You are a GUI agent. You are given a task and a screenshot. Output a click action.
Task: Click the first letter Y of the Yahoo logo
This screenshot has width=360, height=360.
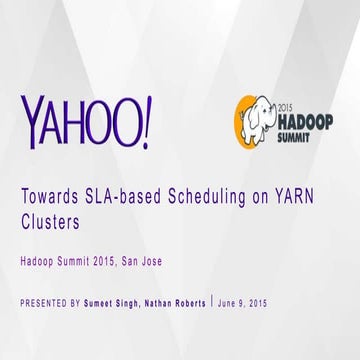[x=31, y=119]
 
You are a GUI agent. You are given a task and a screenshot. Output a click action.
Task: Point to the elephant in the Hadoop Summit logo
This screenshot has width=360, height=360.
[x=253, y=117]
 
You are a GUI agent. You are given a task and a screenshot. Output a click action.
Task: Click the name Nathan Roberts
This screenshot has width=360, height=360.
[x=180, y=302]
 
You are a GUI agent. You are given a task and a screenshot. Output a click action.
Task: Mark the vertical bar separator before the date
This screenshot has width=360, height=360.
[x=213, y=302]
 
